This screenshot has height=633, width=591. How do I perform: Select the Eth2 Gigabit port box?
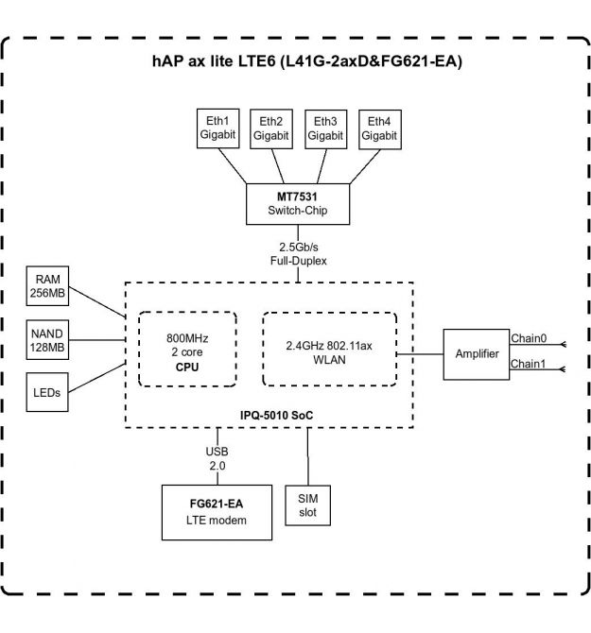270,128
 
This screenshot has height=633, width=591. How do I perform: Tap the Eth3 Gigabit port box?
324,128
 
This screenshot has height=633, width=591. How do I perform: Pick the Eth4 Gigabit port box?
379,128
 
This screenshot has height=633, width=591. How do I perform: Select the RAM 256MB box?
48,287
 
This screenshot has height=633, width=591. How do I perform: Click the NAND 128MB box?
48,339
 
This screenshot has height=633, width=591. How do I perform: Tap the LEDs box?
48,391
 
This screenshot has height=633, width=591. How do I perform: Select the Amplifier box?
477,354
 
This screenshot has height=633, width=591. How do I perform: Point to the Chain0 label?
528,339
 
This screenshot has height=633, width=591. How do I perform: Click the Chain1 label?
528,363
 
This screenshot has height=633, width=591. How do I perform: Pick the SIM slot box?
308,505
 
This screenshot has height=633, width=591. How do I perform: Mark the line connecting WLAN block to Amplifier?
420,354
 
